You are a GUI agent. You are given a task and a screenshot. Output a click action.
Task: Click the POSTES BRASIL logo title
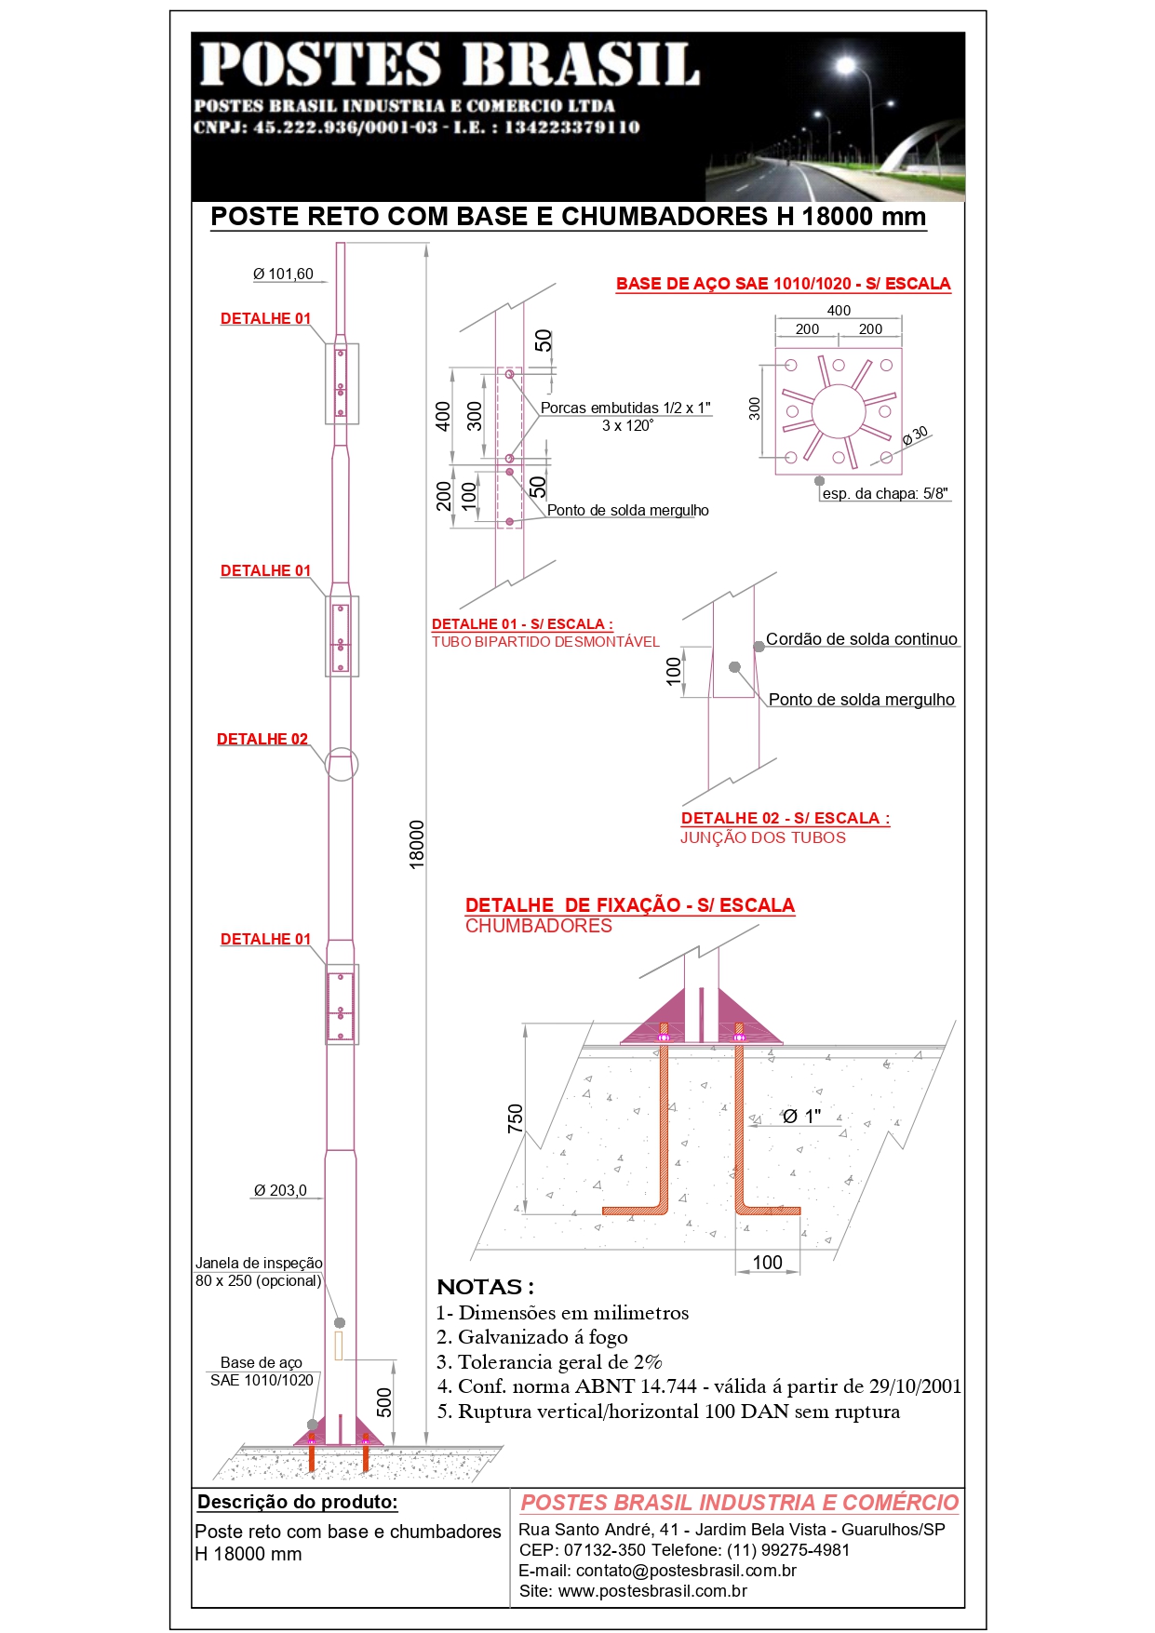(450, 64)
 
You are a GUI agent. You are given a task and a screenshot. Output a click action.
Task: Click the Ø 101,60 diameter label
(283, 274)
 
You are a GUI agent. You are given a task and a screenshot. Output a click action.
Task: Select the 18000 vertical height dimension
(417, 844)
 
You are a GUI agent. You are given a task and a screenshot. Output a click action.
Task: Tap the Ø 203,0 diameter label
(280, 1191)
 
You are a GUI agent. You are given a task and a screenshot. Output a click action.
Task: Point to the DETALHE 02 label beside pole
(262, 740)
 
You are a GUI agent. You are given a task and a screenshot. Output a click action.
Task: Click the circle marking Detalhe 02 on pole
(341, 764)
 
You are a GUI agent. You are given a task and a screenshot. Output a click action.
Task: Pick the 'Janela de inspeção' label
(259, 1264)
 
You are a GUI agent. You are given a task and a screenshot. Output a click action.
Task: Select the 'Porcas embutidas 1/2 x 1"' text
(625, 408)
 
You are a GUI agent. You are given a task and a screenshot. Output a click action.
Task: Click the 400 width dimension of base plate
(839, 311)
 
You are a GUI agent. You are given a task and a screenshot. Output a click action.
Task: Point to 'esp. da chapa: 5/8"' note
(885, 494)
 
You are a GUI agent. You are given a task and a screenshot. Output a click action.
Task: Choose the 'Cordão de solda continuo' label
(861, 640)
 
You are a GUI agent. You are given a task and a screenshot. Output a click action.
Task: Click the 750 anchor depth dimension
(515, 1118)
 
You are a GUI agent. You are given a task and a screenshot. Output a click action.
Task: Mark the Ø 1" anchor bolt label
(801, 1117)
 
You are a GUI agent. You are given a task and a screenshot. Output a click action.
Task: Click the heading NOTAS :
(485, 1288)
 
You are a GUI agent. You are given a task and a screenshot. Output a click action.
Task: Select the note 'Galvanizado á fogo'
(543, 1338)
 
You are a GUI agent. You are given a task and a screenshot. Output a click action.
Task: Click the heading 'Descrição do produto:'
(298, 1502)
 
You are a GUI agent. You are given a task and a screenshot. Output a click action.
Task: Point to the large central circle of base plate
(838, 411)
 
